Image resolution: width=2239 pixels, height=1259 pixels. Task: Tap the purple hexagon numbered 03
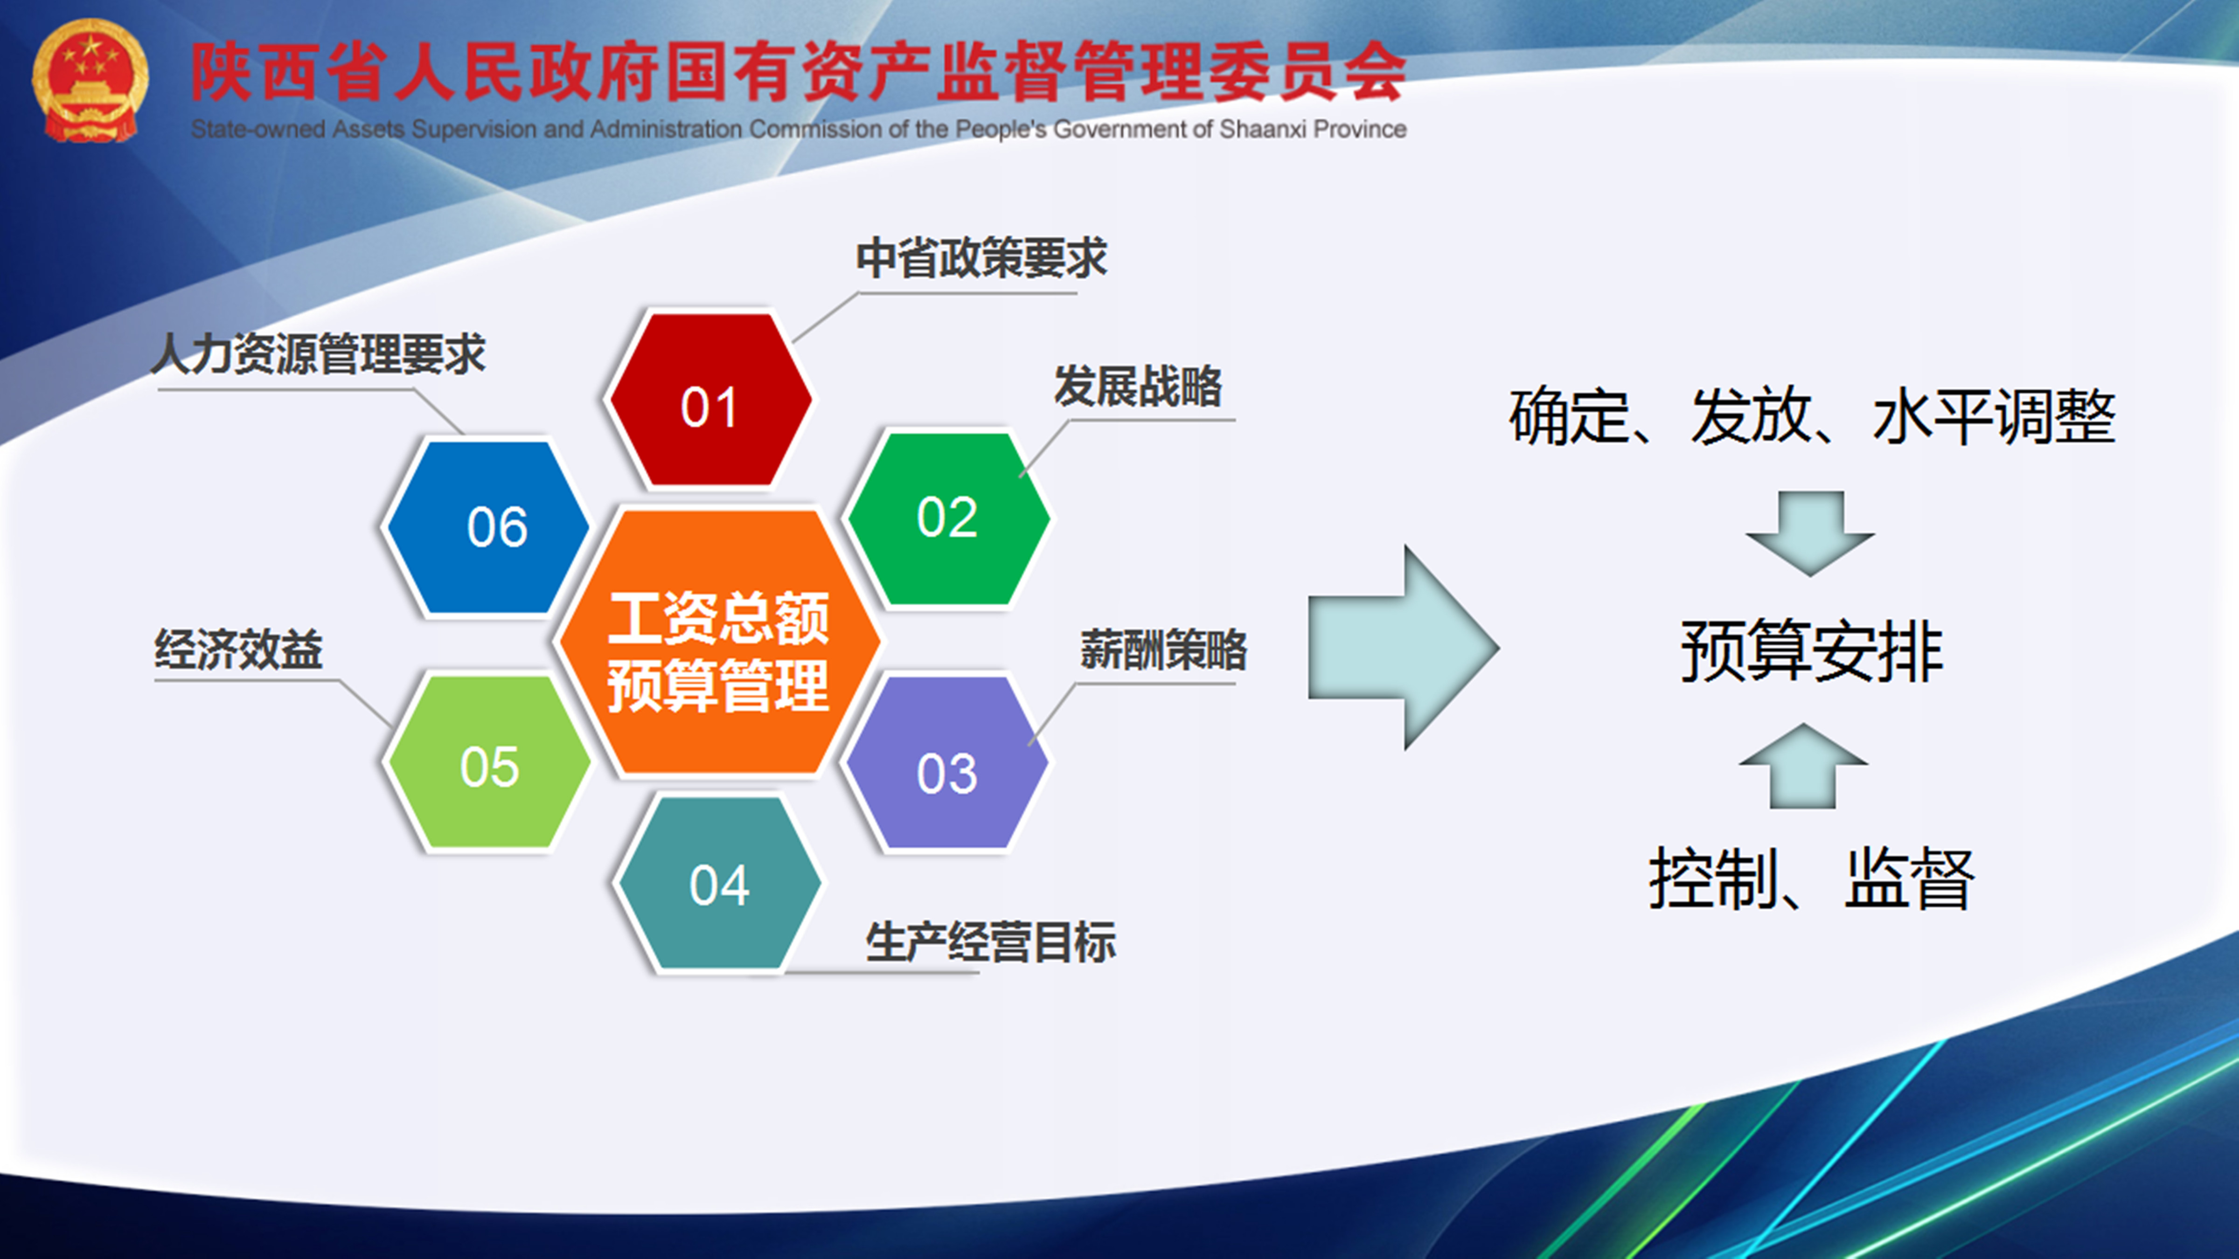point(947,763)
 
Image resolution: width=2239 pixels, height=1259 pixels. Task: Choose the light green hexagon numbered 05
point(488,762)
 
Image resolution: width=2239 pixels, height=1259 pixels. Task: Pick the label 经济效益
point(239,649)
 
